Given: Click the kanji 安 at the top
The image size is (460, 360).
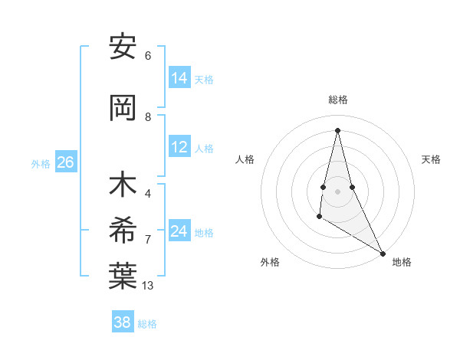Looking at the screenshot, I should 123,47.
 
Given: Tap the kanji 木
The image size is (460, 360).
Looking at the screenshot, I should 123,185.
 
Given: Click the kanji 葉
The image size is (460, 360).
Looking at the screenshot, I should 123,277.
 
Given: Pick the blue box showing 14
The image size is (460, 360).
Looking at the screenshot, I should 179,78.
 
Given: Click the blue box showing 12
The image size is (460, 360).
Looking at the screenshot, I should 179,147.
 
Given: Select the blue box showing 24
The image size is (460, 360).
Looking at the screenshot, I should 179,231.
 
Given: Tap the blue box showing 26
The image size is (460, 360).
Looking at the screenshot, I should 65,162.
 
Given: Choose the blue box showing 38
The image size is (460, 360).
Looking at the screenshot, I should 123,322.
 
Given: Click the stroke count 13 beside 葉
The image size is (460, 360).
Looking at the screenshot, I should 148,286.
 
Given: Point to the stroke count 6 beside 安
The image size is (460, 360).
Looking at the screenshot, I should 148,55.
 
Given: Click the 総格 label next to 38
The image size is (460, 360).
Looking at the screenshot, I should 147,323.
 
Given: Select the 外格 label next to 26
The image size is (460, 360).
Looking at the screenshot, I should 41,163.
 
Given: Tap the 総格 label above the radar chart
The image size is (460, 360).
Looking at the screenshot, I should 338,100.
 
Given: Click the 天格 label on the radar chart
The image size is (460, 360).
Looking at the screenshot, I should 431,159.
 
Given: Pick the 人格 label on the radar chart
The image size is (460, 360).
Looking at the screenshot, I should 245,159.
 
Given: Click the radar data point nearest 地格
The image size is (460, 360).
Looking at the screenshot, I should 383,253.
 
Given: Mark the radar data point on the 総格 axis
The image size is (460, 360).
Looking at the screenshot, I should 337,129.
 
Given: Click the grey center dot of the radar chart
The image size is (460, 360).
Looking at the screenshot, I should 337,191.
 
